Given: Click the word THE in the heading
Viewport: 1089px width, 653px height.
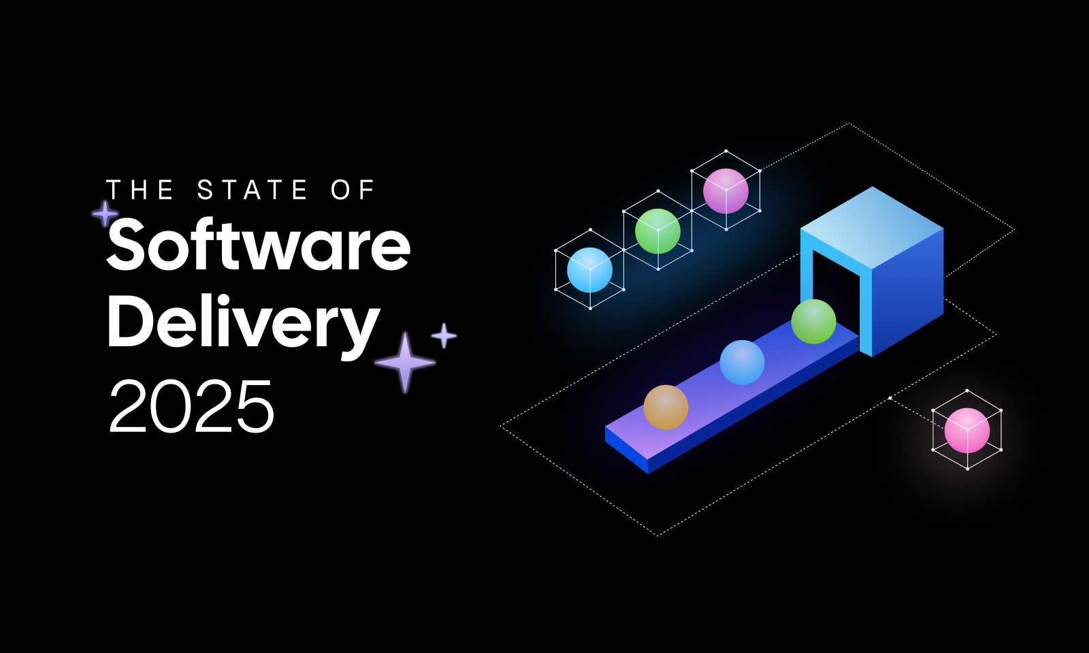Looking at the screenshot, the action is pos(140,190).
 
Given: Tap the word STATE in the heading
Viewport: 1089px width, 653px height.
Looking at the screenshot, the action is pos(253,190).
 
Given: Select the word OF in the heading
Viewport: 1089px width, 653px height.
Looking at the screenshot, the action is pos(353,190).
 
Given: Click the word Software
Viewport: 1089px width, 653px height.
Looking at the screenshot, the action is pos(259,245).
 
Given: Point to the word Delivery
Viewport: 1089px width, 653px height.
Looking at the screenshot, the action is pos(243,324).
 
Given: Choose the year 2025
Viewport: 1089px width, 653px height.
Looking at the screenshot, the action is pos(191,407).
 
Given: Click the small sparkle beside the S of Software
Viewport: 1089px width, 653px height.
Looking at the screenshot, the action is pos(105,214).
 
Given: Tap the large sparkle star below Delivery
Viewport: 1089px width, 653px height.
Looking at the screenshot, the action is pos(405,363).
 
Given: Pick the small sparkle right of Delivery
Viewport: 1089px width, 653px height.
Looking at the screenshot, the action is pos(444,335).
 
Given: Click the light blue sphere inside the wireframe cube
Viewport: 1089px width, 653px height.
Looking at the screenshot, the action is pos(589,269).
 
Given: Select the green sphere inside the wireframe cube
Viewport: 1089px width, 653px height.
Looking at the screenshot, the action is pos(657,231).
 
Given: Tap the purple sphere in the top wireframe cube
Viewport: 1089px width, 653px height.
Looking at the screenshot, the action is pos(726,191).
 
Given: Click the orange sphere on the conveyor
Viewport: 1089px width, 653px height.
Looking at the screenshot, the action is pos(666,407).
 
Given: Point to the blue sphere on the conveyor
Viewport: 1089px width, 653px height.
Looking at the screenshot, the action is pos(742,363).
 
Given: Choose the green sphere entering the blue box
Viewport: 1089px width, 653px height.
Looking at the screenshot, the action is pos(813,321).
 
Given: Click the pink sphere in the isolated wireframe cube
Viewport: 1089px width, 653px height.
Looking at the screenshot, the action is pos(966,430).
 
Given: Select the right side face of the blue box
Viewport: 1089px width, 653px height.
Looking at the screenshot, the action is pos(908,292).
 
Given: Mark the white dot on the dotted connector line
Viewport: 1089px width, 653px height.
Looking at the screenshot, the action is pos(890,398).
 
